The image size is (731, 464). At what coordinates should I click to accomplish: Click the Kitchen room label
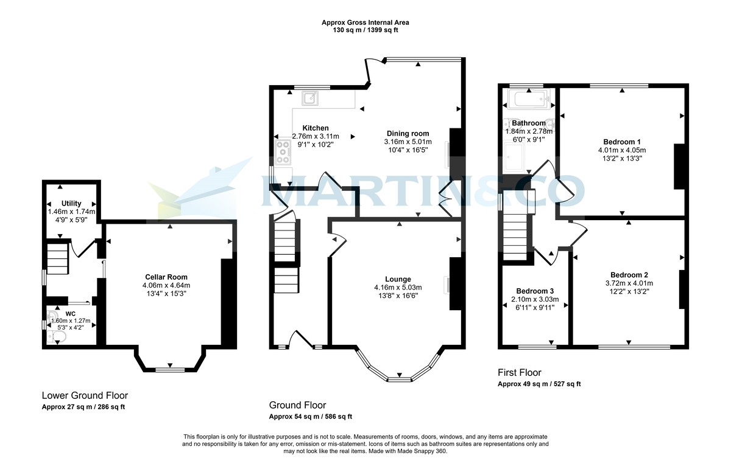316,128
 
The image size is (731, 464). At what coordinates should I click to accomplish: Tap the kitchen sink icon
311,97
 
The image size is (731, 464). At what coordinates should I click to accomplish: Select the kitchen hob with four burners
283,152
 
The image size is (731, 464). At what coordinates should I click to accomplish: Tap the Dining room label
408,133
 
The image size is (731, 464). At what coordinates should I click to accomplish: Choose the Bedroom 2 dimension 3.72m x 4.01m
629,283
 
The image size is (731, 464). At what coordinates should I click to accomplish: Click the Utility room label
71,203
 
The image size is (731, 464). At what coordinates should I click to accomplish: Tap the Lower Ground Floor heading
85,395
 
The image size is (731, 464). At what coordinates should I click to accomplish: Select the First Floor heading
519,373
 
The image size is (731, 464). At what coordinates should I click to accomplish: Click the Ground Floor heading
297,405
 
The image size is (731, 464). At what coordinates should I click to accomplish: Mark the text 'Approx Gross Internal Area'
365,23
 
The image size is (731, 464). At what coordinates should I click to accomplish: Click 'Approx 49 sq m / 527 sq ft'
539,384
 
